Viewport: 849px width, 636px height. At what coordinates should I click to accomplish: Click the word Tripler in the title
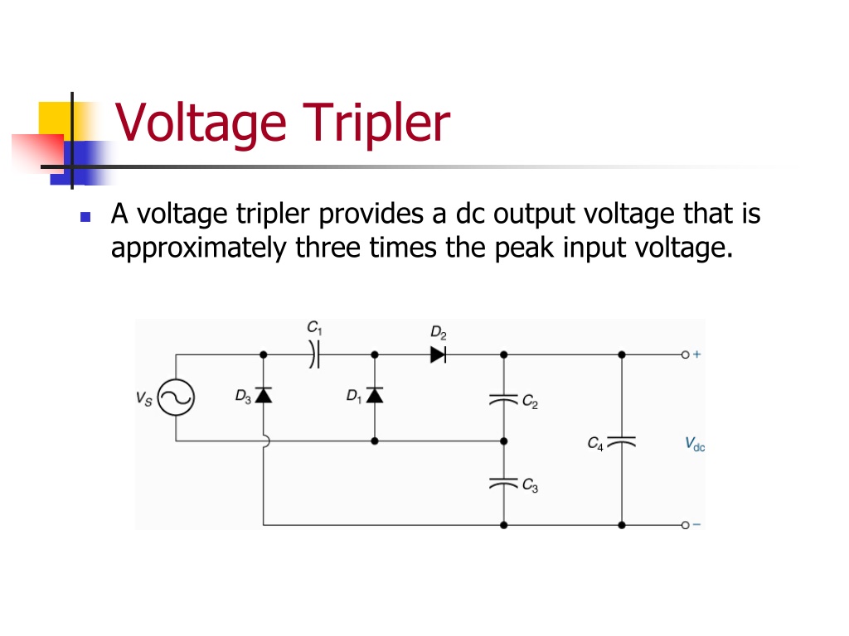tap(376, 123)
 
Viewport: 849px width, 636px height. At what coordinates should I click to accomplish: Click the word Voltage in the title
tap(201, 123)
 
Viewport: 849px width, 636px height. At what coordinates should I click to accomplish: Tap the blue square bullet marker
tap(85, 217)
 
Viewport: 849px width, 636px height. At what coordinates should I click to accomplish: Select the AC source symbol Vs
tap(176, 397)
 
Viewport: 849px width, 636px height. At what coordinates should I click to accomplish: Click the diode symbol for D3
tap(263, 395)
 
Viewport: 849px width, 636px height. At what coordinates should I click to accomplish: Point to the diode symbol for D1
tap(375, 395)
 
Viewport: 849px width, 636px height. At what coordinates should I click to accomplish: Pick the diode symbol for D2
tap(438, 354)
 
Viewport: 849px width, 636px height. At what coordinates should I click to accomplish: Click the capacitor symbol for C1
tap(314, 354)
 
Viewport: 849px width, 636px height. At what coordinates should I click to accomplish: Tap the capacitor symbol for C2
tap(503, 400)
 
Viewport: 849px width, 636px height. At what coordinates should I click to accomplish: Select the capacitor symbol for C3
tap(503, 483)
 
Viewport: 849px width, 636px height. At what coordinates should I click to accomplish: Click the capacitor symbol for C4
tap(622, 442)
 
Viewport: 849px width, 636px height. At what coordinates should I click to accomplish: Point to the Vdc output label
tap(695, 445)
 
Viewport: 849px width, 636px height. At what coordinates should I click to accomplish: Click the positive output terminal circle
tap(685, 354)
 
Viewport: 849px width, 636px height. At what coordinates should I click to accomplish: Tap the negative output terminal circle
tap(685, 525)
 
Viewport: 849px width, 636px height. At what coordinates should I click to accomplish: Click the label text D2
tap(439, 333)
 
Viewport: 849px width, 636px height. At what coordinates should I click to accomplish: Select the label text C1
tap(314, 328)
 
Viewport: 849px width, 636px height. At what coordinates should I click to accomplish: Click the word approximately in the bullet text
tap(199, 248)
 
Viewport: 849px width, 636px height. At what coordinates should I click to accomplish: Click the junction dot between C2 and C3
tap(503, 441)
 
